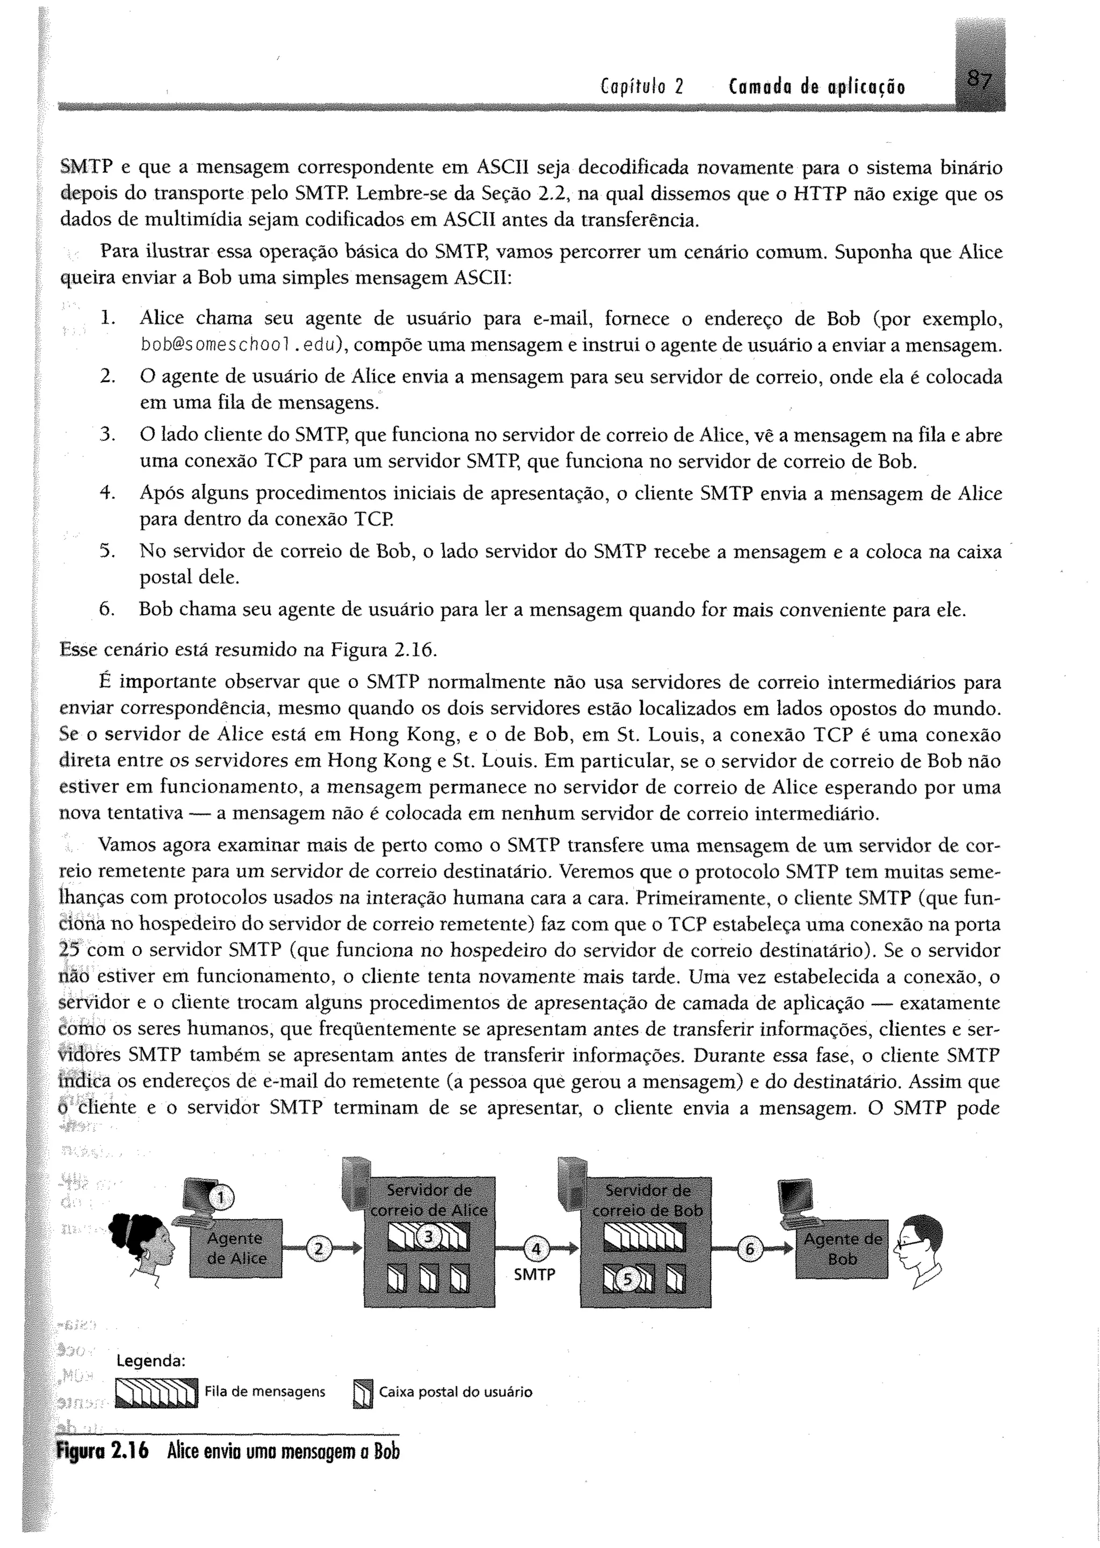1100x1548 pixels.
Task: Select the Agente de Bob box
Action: tap(842, 1249)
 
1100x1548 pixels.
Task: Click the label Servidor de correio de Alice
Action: tap(429, 1200)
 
